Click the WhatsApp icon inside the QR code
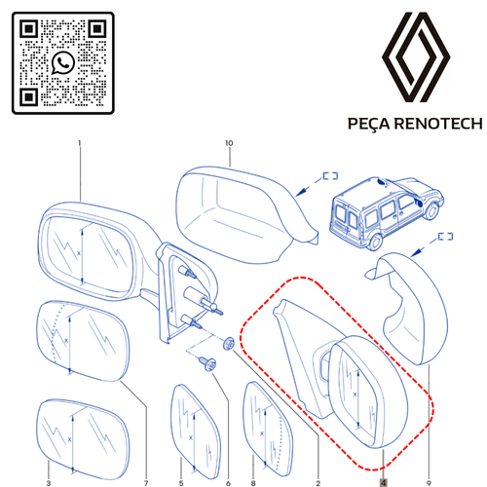coord(64,63)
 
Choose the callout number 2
coord(318,481)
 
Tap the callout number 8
coord(251,481)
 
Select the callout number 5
coord(181,481)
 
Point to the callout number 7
coord(145,481)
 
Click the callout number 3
coord(48,481)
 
